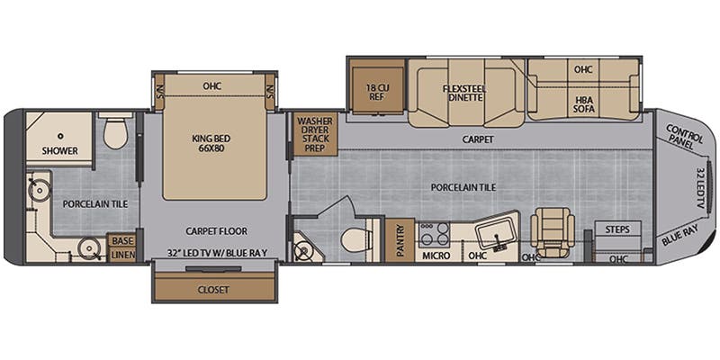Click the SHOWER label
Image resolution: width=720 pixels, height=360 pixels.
pyautogui.click(x=59, y=150)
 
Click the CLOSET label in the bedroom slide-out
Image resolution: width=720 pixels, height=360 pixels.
pyautogui.click(x=213, y=290)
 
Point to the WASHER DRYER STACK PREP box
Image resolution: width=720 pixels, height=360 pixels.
pyautogui.click(x=315, y=134)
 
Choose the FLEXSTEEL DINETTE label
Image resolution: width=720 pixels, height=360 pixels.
pyautogui.click(x=464, y=94)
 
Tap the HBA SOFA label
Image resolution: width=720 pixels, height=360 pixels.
pyautogui.click(x=583, y=104)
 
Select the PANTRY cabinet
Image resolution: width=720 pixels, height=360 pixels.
pyautogui.click(x=400, y=240)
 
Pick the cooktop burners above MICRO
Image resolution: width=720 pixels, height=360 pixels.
pyautogui.click(x=433, y=234)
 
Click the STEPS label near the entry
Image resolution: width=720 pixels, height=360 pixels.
pyautogui.click(x=617, y=229)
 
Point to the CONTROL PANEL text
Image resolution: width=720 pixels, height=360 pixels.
pyautogui.click(x=685, y=137)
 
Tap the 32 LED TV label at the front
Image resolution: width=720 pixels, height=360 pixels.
pyautogui.click(x=700, y=188)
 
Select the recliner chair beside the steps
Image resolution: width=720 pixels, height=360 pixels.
pyautogui.click(x=553, y=231)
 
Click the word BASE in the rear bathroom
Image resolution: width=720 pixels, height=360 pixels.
pyautogui.click(x=122, y=240)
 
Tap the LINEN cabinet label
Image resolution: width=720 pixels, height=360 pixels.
pyautogui.click(x=122, y=255)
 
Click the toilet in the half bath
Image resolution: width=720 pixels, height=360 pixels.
pyautogui.click(x=355, y=239)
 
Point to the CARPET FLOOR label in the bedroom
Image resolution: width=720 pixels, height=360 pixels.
pyautogui.click(x=216, y=231)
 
